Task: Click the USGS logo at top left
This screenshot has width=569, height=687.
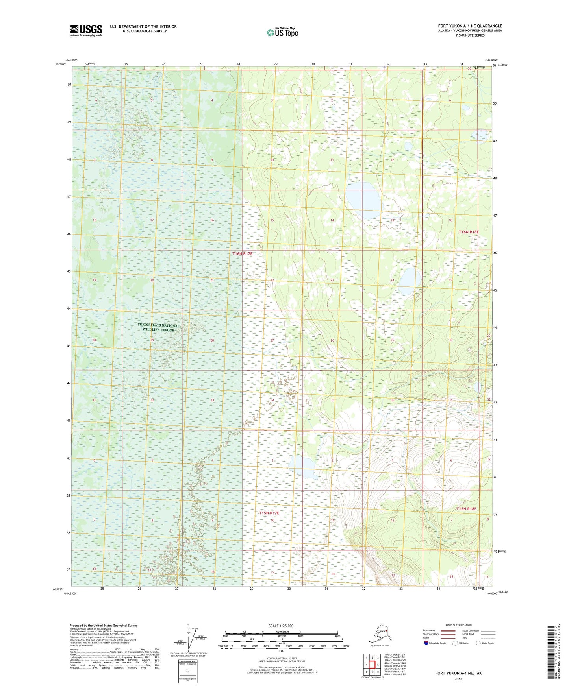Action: point(86,30)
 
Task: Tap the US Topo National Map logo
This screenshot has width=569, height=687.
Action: point(282,32)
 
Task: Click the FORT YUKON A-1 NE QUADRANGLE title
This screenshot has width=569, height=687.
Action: point(470,26)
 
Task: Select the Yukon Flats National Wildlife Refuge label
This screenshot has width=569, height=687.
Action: point(158,327)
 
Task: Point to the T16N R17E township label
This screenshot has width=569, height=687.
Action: point(242,254)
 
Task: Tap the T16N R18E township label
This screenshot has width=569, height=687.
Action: point(469,232)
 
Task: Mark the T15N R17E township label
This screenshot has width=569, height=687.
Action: point(269,513)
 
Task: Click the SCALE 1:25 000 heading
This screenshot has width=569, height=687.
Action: point(281,626)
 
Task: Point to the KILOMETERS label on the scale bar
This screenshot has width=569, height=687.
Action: point(281,632)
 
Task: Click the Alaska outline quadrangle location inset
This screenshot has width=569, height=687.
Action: point(379,634)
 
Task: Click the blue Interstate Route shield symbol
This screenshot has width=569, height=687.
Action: point(426,643)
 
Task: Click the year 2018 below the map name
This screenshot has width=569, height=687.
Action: point(458,679)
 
